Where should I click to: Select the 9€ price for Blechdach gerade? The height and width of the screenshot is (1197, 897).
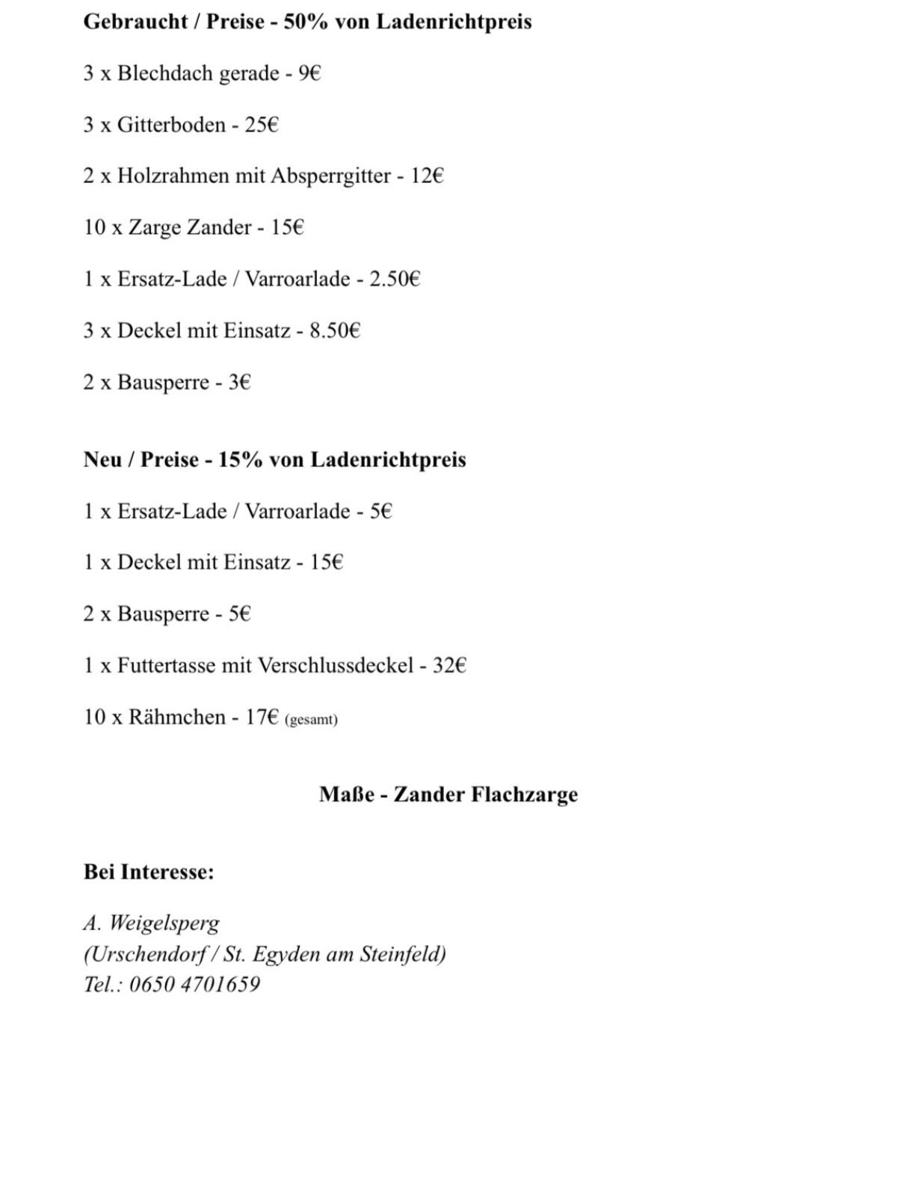[309, 73]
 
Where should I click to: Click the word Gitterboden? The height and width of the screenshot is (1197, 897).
[171, 125]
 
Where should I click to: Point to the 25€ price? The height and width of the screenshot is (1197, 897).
[262, 125]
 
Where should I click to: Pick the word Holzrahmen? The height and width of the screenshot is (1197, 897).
[173, 176]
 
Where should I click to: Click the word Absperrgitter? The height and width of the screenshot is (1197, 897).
[331, 176]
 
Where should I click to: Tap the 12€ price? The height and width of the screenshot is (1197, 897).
[427, 176]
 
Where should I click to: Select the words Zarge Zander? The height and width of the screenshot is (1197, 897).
[190, 227]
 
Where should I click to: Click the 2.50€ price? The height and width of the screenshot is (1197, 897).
[395, 279]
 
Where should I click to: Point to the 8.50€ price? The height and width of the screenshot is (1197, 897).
[335, 330]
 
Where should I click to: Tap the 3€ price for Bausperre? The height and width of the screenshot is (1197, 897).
[239, 383]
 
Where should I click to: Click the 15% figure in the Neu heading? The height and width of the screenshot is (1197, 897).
[240, 460]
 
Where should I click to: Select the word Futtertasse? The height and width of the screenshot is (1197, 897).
[166, 665]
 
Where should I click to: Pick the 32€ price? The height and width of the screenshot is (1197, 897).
[449, 665]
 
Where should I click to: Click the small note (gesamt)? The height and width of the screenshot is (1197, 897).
[311, 720]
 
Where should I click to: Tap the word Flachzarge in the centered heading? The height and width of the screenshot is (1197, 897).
[524, 794]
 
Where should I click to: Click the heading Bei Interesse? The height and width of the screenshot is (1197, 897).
[149, 872]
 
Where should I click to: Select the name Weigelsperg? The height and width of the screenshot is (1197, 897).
[164, 924]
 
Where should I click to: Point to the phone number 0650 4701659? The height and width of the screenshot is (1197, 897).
[194, 984]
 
